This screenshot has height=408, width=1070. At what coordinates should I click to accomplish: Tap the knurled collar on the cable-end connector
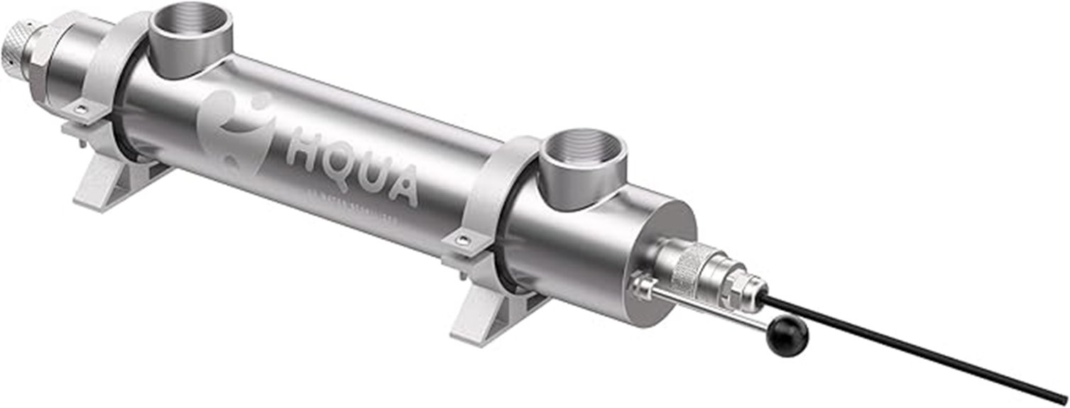click(x=692, y=266)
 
